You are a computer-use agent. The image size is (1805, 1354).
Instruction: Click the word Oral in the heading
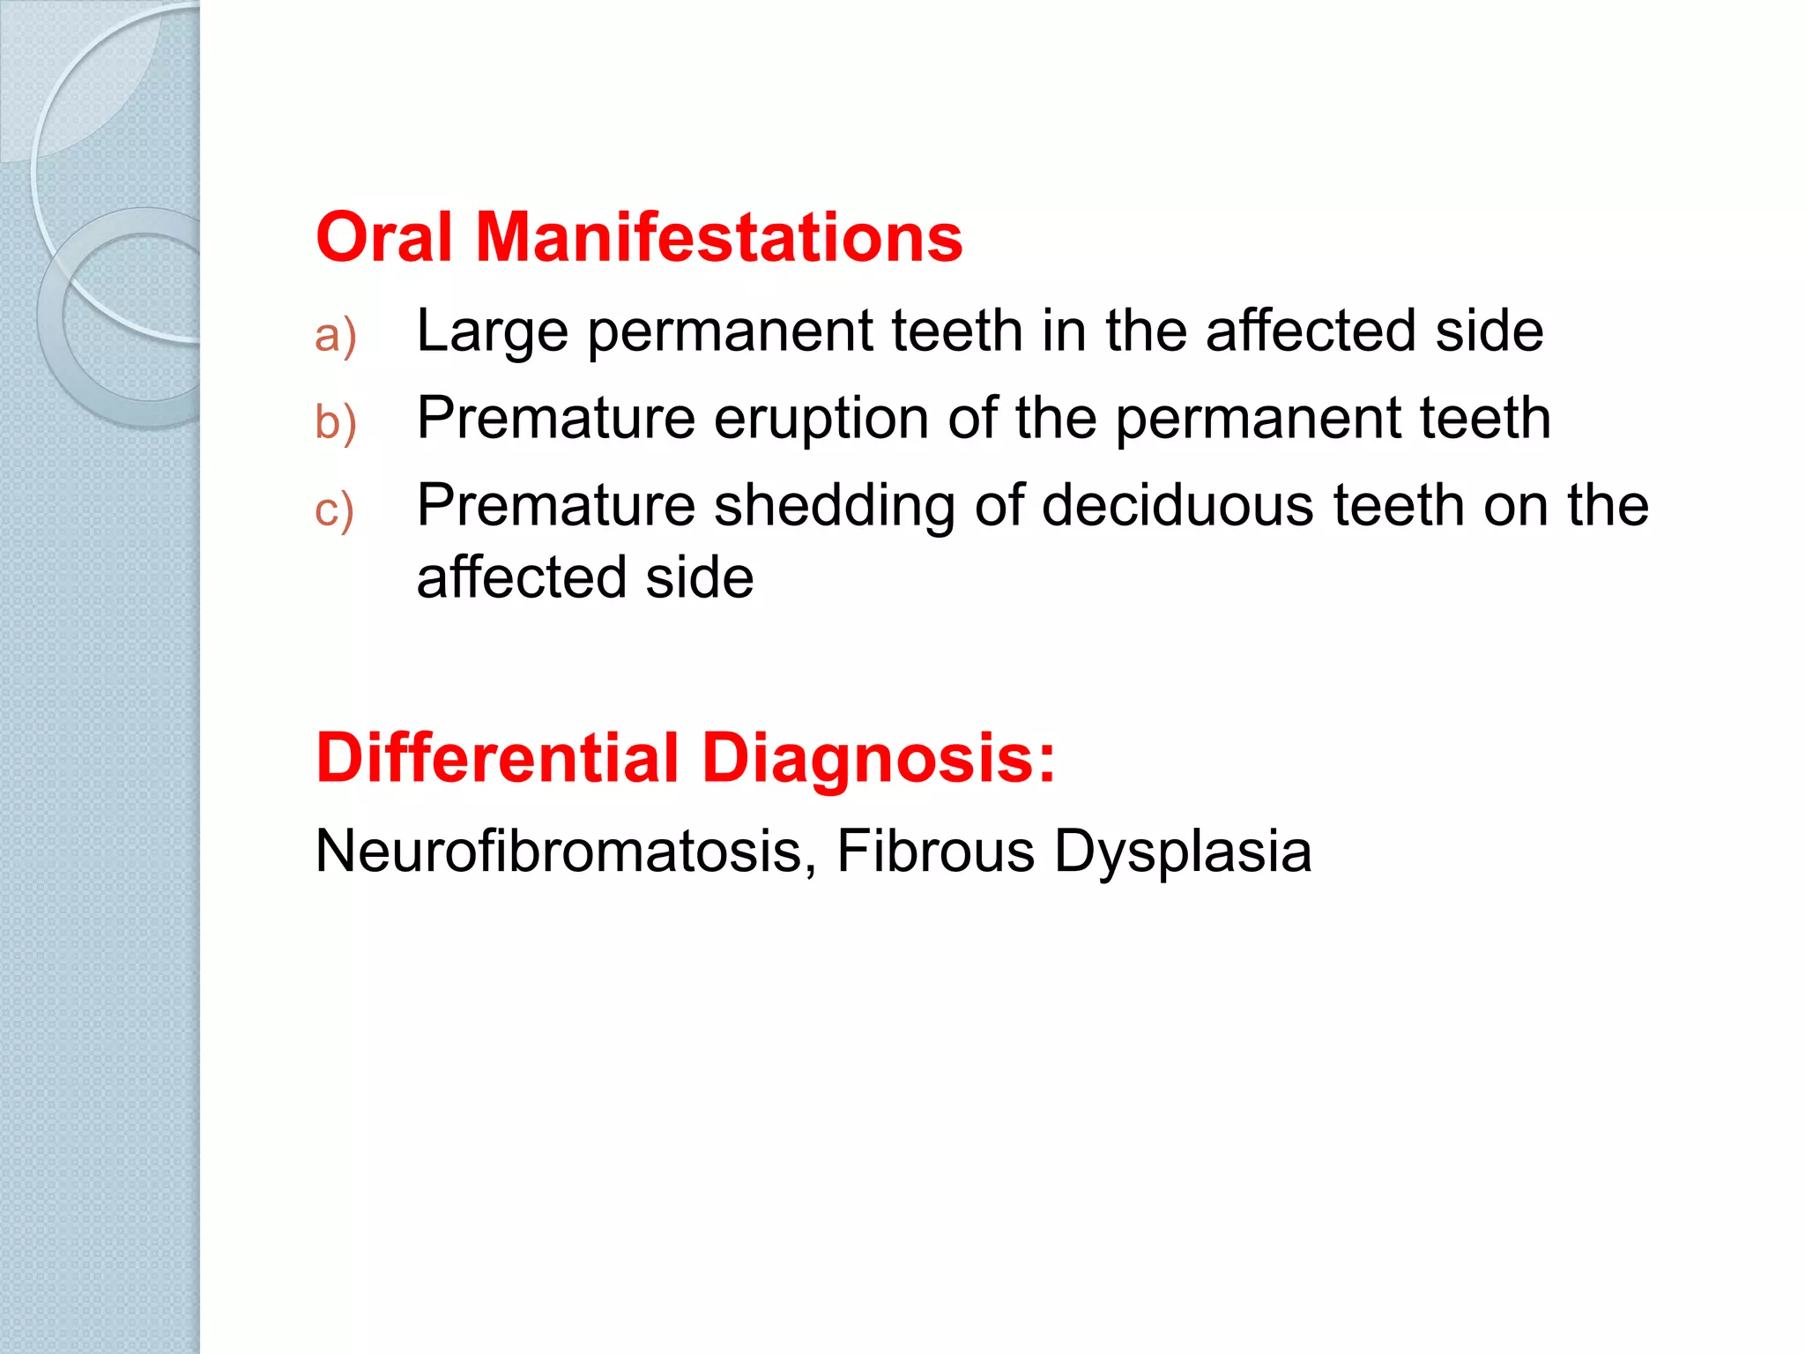click(x=384, y=238)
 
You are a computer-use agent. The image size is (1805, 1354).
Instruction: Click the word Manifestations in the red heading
click(x=719, y=238)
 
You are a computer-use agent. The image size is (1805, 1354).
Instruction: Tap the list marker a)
click(x=336, y=336)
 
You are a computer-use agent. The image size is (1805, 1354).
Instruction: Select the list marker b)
click(x=336, y=421)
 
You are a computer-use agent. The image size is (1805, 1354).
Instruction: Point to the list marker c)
click(x=335, y=510)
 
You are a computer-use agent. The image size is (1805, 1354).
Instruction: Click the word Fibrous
click(x=935, y=852)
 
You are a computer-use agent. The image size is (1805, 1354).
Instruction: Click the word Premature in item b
click(x=556, y=418)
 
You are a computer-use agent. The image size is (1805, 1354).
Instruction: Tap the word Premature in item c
click(x=556, y=506)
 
